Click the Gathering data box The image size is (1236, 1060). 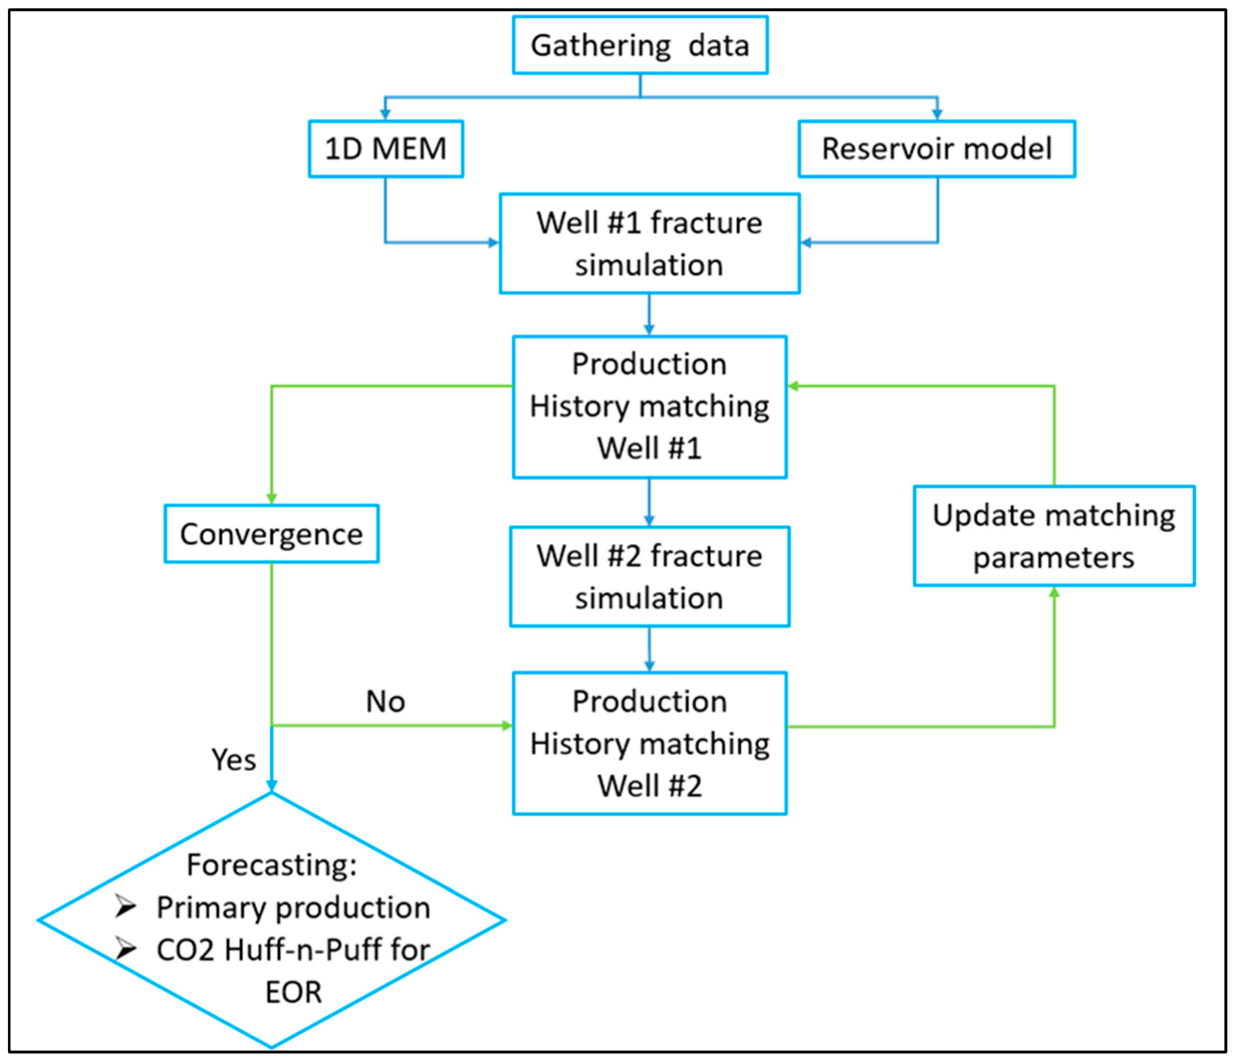coord(640,45)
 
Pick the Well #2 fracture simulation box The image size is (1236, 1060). coord(649,576)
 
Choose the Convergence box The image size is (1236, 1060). coord(271,534)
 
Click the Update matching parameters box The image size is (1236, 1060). coord(1053,536)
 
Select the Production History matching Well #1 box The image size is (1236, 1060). coord(649,407)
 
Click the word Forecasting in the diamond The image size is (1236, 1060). coord(271,865)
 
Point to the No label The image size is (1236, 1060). coord(385,702)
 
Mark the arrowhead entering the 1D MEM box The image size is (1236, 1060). coord(385,114)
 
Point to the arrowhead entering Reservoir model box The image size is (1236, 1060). coord(937,114)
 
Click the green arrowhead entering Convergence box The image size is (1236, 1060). coord(271,499)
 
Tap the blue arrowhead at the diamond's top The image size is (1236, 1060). coord(271,786)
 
